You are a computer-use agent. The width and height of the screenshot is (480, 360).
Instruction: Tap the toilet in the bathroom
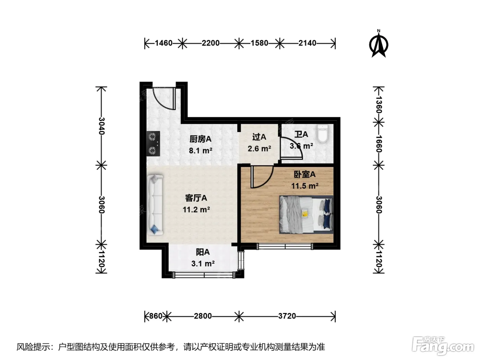[323, 133]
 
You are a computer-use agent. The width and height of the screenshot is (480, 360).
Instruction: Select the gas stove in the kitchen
[153, 144]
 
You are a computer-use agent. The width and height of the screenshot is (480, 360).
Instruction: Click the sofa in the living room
[155, 205]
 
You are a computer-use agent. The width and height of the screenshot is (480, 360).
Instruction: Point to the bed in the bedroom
[307, 215]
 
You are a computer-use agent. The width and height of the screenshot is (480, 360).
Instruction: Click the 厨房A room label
[200, 139]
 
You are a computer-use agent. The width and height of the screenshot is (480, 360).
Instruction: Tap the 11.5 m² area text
[304, 186]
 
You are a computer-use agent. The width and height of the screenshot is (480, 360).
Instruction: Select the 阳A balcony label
[203, 252]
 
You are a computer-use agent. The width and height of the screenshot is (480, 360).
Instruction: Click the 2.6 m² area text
[259, 149]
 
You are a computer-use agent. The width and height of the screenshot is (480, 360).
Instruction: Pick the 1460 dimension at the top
[164, 43]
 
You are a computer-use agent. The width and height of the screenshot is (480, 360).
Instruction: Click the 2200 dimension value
[211, 43]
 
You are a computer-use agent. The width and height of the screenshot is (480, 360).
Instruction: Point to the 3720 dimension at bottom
[287, 316]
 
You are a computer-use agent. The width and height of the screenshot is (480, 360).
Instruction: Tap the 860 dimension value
[156, 316]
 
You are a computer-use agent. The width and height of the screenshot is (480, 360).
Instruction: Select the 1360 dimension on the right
[379, 105]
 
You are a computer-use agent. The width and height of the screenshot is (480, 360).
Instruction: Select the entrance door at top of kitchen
[164, 98]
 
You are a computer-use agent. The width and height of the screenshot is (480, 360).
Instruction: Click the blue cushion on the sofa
[155, 229]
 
